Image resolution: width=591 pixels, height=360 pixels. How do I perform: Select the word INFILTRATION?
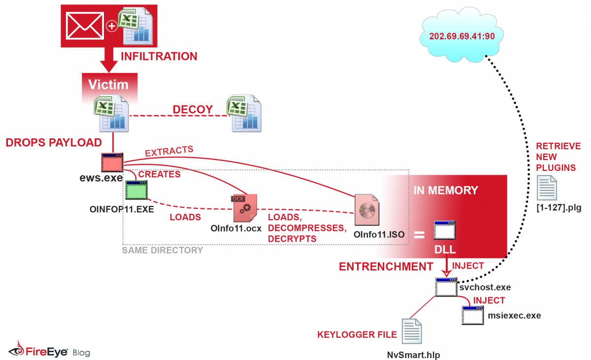[159, 56]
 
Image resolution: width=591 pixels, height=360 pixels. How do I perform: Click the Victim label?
[108, 84]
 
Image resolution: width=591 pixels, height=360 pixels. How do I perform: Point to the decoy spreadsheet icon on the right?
[244, 114]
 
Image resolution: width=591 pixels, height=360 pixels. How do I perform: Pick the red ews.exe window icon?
[112, 162]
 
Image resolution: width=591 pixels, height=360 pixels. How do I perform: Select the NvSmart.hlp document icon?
[412, 331]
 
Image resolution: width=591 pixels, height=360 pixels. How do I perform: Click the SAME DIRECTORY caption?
[163, 250]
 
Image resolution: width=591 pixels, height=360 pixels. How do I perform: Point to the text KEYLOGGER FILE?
[357, 335]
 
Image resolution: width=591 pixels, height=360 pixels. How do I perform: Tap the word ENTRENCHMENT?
[386, 267]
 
